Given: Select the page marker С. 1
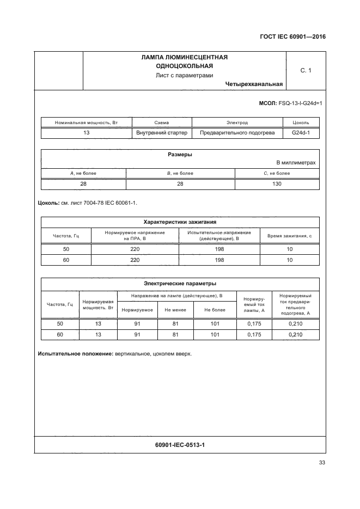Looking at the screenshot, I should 306,70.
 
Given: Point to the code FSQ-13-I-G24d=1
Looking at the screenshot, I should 300,103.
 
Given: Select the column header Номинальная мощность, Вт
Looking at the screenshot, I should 86,123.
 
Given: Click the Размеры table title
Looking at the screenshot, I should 180,155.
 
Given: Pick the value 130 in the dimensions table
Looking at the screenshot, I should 277,184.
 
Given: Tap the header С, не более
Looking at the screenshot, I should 277,174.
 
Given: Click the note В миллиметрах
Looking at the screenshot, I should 296,163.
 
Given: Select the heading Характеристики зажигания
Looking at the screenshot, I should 180,222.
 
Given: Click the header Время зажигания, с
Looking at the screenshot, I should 289,236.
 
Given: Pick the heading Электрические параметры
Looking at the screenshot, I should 180,283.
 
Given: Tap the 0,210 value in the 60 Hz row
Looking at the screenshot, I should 295,334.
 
